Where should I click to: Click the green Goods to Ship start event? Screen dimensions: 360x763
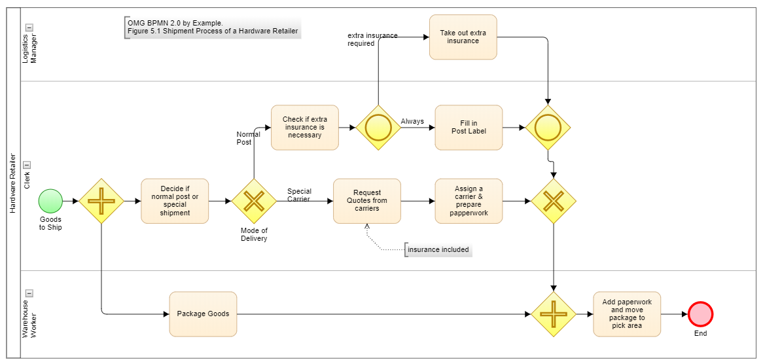(50, 201)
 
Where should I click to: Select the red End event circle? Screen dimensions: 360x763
(700, 314)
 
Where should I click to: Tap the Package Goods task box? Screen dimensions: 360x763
(203, 314)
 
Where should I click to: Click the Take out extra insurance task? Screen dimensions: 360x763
(463, 37)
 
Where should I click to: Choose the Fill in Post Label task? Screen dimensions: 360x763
(469, 128)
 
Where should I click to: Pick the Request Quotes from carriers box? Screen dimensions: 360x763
(366, 201)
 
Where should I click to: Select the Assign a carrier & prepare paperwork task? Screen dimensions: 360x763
(469, 201)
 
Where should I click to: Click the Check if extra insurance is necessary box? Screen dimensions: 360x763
(304, 128)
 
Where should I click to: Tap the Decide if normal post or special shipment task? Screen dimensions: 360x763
(175, 201)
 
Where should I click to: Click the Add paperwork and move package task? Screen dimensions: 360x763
(627, 314)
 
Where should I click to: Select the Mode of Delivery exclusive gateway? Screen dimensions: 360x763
(254, 201)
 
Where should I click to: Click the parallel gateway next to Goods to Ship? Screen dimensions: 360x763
(101, 201)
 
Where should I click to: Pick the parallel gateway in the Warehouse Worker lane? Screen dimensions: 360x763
(554, 314)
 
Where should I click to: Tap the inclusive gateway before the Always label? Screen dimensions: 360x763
(378, 128)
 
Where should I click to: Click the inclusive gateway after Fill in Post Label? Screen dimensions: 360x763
(548, 128)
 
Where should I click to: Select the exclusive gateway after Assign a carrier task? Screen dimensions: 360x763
(554, 201)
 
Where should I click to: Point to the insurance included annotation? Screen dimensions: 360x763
(438, 250)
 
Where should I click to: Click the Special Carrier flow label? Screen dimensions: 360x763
(299, 195)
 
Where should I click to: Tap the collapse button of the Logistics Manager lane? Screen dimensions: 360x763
(29, 27)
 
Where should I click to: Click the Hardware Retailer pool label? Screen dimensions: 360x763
(12, 183)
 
